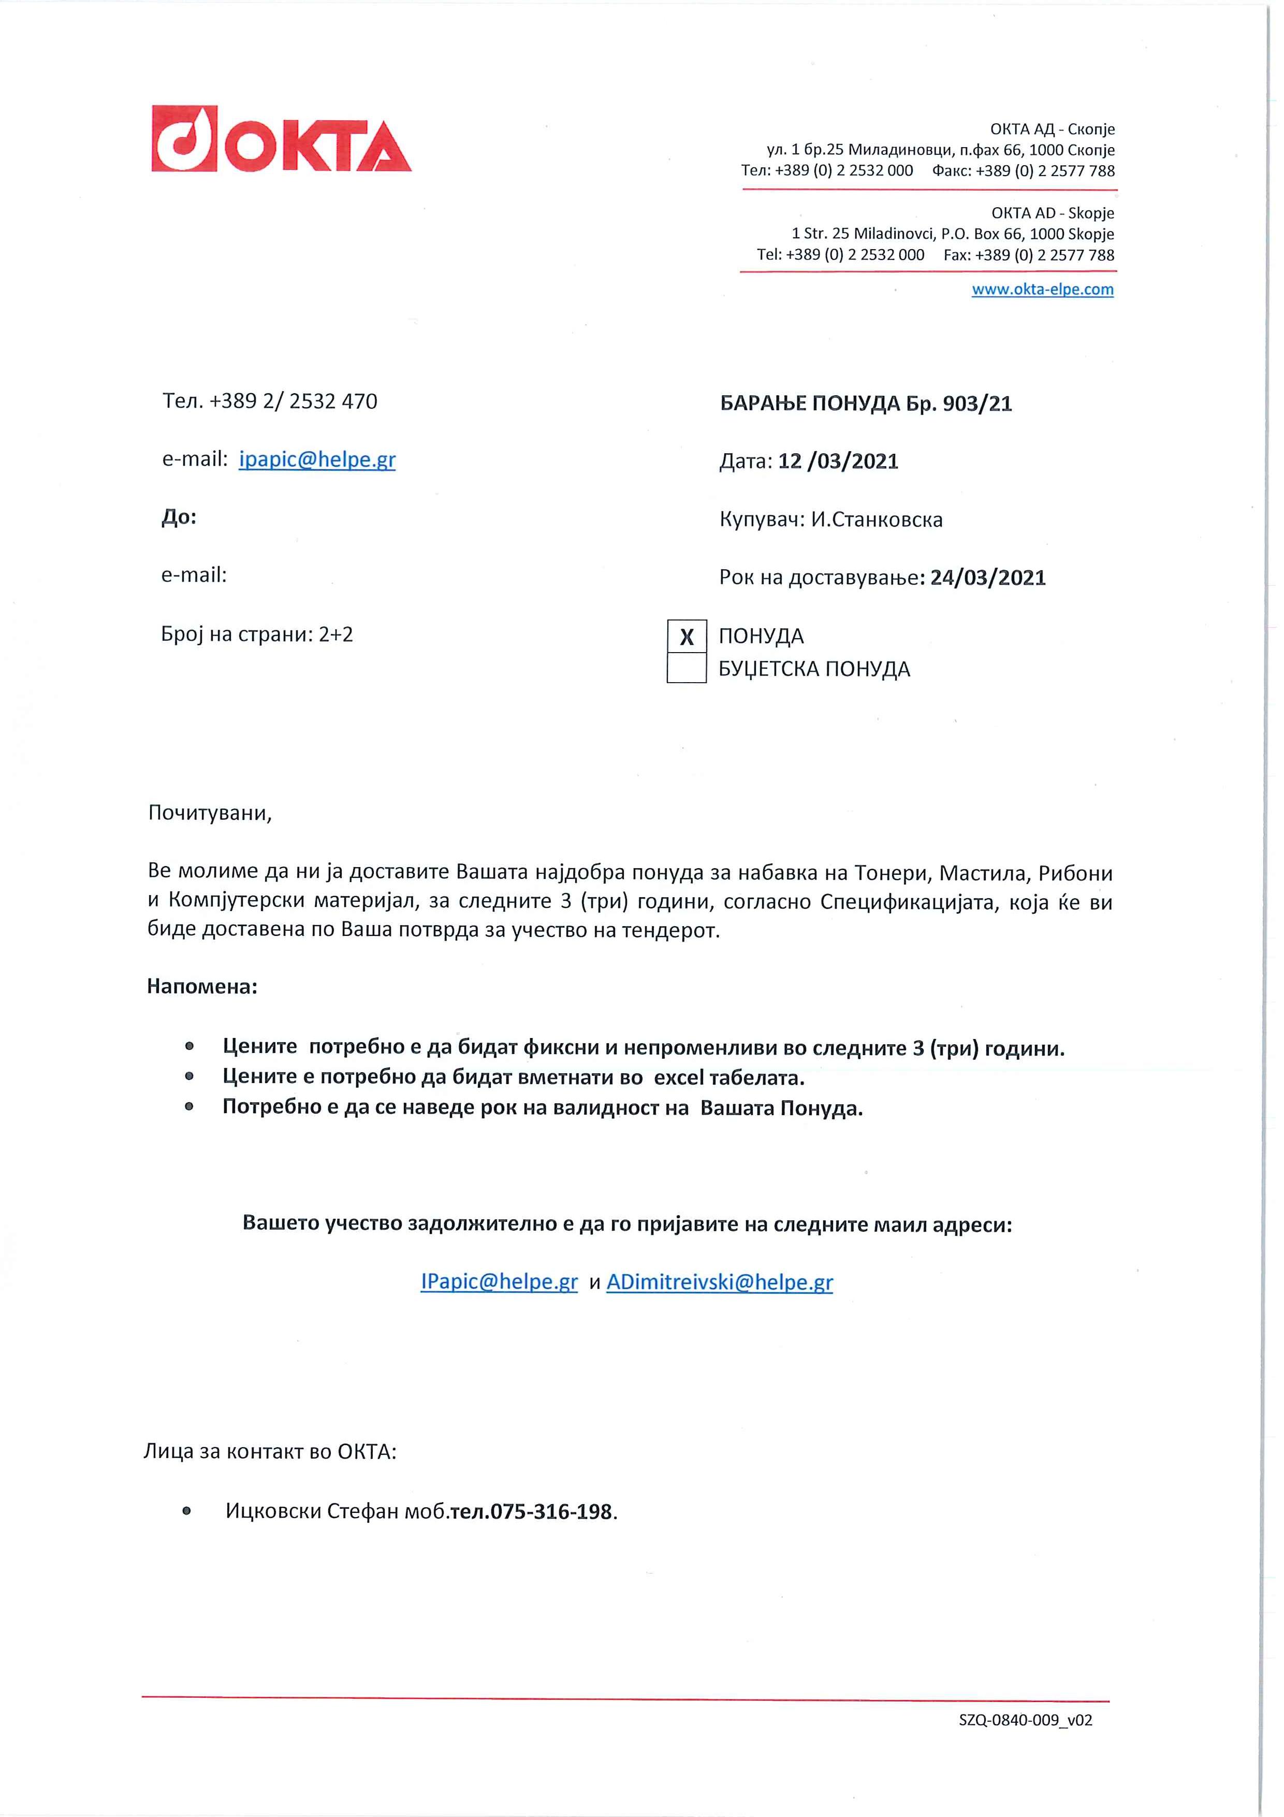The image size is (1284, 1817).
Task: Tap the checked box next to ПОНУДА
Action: point(686,636)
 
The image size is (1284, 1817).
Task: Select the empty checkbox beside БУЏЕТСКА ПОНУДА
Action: point(686,669)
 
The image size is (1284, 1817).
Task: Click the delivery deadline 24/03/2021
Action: point(987,578)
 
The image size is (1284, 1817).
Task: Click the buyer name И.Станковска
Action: point(877,520)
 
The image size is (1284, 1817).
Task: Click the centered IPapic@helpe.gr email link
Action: point(499,1282)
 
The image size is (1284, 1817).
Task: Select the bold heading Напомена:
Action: point(202,987)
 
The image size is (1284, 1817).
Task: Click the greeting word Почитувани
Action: point(209,814)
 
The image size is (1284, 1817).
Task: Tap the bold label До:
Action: point(179,517)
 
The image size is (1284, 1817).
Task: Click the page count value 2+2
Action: point(335,634)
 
